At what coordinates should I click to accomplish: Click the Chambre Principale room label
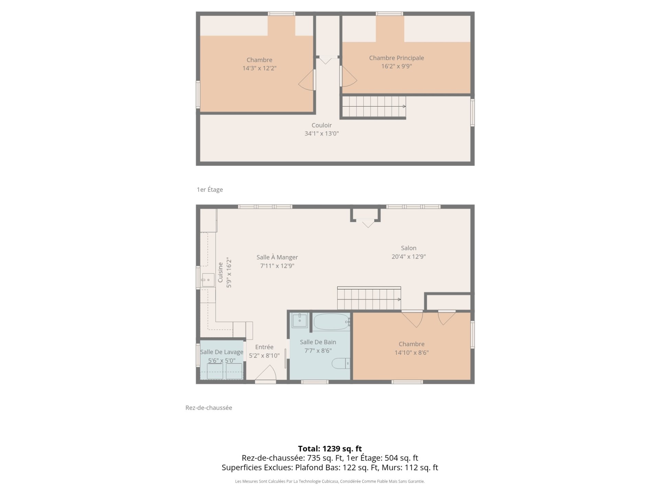pos(396,58)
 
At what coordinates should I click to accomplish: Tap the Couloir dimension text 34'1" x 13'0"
pos(321,133)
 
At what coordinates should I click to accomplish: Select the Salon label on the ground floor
pos(408,248)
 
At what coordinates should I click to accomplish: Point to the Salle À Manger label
pos(277,257)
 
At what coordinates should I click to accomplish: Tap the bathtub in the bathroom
pos(331,322)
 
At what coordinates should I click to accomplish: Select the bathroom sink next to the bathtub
pos(300,320)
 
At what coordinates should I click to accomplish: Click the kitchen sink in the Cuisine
pos(208,280)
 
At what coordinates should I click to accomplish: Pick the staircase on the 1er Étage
pos(374,107)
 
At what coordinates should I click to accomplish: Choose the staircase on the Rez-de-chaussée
pos(369,298)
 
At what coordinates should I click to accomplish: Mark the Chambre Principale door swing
pos(349,76)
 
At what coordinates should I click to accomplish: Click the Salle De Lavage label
pos(222,352)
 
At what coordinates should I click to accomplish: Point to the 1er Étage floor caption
pos(210,189)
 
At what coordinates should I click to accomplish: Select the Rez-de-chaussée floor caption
pos(209,408)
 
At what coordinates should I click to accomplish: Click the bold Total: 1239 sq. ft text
pos(330,449)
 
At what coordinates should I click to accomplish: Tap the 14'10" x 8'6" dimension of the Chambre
pos(411,352)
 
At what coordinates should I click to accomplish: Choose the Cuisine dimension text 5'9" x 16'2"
pos(229,273)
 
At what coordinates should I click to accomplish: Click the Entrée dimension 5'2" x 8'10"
pos(264,355)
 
